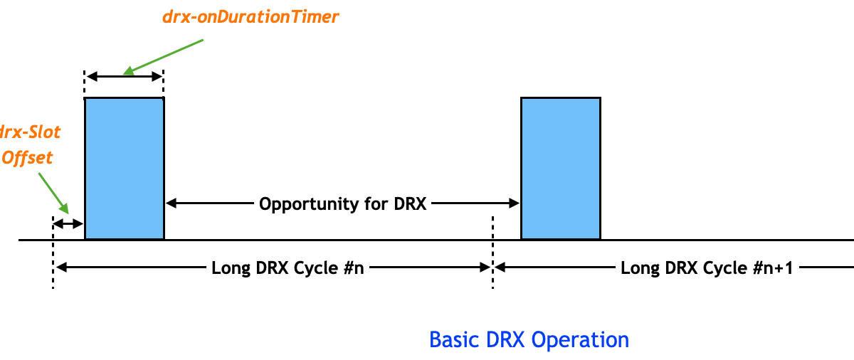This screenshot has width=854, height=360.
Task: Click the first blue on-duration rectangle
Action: (125, 168)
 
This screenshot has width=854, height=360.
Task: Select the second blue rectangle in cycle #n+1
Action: (561, 168)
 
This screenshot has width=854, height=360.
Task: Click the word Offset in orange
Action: (27, 157)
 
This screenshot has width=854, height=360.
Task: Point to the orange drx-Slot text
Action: (31, 132)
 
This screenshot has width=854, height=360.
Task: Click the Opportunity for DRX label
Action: (342, 204)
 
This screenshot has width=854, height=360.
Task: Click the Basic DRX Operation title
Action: (529, 339)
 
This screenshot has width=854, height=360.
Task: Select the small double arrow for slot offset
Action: (69, 224)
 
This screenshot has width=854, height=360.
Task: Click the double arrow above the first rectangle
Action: (125, 75)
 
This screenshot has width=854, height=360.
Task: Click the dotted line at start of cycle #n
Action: (53, 256)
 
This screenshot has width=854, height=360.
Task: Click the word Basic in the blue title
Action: (451, 339)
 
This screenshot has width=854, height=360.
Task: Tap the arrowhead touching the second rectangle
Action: (515, 203)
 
